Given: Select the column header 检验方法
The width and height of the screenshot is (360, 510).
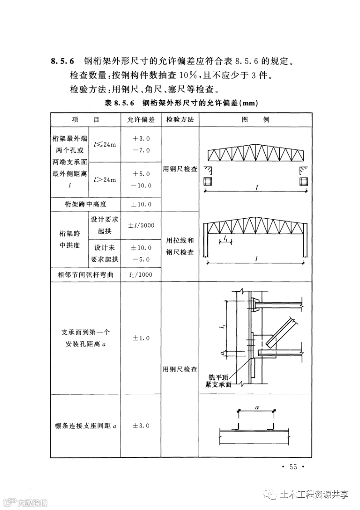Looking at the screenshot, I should (x=180, y=120).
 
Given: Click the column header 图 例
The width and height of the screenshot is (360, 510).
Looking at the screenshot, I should (x=256, y=120).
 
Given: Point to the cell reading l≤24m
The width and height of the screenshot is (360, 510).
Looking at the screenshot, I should (x=105, y=144).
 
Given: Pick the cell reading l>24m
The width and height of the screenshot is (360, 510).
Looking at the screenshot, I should (x=105, y=180).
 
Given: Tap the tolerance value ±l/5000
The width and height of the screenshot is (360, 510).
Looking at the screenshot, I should (x=141, y=225).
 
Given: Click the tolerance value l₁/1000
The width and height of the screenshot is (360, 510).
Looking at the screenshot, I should (x=141, y=275).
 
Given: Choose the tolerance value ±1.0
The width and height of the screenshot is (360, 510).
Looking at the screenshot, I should (x=141, y=338).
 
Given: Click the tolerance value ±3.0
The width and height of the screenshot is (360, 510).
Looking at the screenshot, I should (x=141, y=426).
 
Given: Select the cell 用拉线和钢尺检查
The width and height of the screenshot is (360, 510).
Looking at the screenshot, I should (x=180, y=246).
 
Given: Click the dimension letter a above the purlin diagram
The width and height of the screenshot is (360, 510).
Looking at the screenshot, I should (x=257, y=407).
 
